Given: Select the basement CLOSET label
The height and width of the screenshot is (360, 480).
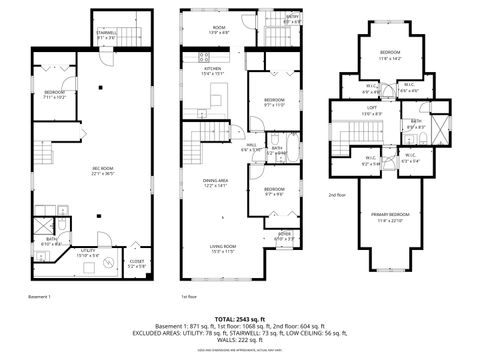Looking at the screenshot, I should coord(136,263).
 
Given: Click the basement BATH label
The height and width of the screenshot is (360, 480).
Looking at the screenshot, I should coord(50,240).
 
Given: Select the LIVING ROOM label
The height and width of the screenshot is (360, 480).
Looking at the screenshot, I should coord(222,246).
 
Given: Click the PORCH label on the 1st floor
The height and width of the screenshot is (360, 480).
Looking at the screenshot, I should coord(284,235).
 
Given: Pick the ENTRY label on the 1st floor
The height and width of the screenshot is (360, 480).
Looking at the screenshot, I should coord(292,17).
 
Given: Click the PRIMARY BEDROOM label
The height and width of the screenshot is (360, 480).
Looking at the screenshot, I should coord(384,214).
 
